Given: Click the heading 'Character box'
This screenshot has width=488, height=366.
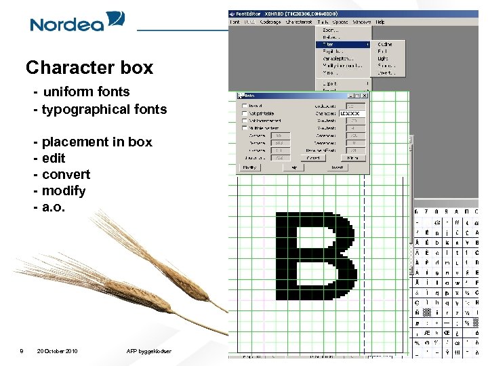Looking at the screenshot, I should pyautogui.click(x=89, y=68).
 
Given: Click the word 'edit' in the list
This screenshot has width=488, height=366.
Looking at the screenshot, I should pyautogui.click(x=54, y=158).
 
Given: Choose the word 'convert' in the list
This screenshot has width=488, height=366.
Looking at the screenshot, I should pyautogui.click(x=66, y=174).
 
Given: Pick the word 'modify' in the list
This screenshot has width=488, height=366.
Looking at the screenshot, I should pyautogui.click(x=64, y=190).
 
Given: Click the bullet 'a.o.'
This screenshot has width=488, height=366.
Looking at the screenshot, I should pyautogui.click(x=54, y=207).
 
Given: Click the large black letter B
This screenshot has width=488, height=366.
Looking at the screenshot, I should pyautogui.click(x=315, y=256).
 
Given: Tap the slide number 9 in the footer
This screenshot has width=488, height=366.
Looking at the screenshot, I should pyautogui.click(x=22, y=351).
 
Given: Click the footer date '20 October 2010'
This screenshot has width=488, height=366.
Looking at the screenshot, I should pyautogui.click(x=58, y=351).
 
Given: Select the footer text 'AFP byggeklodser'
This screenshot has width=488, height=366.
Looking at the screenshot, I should pyautogui.click(x=149, y=351).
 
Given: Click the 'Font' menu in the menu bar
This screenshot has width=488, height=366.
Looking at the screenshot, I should pyautogui.click(x=235, y=22).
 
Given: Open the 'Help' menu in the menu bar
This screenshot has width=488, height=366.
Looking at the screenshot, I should pyautogui.click(x=380, y=22).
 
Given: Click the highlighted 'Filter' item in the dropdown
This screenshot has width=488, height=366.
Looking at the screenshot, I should pyautogui.click(x=329, y=44).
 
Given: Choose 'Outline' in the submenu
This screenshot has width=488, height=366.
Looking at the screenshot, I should pyautogui.click(x=385, y=44).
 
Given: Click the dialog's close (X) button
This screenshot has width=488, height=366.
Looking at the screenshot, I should pyautogui.click(x=365, y=96).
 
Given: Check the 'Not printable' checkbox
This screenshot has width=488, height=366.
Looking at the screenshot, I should pyautogui.click(x=245, y=113).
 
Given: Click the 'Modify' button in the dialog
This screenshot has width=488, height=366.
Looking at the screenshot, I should pyautogui.click(x=250, y=167).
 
